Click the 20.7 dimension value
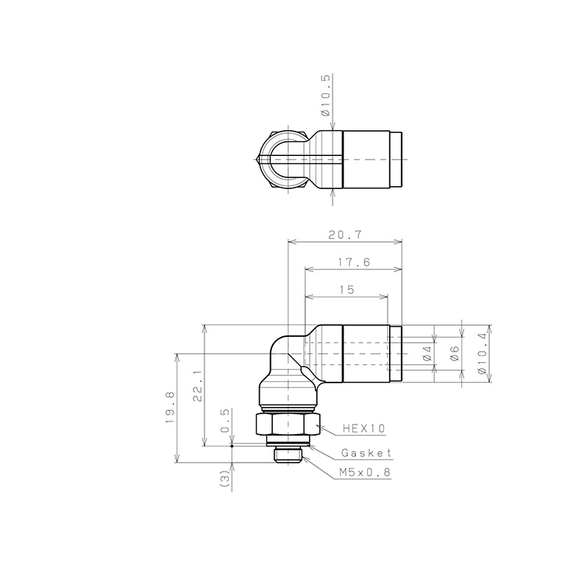coord(345,235)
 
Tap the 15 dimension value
coord(347,290)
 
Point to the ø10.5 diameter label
coord(326,96)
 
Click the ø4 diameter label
coord(427,353)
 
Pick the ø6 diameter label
coord(455,353)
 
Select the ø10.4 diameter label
coord(482,353)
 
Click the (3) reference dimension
coord(224,479)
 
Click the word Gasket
coord(366,453)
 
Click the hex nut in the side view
coord(288,425)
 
